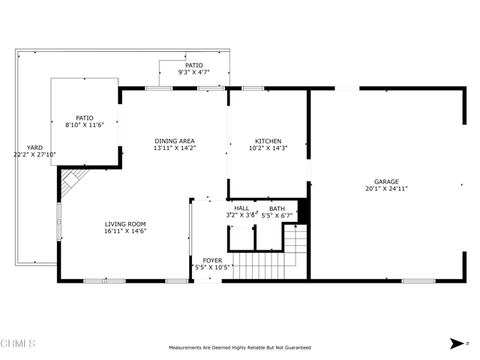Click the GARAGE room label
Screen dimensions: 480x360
tap(386, 181)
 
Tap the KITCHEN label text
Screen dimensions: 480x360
tap(268, 141)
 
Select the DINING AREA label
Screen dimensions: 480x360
tap(175, 141)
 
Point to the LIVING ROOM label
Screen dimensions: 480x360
tap(125, 224)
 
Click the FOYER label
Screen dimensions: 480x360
tap(212, 260)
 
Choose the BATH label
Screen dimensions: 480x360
tap(277, 208)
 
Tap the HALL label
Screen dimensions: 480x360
tap(241, 208)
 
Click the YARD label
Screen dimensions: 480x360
tap(34, 148)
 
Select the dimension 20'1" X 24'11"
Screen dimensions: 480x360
tap(386, 188)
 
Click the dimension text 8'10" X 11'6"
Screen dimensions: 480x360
tap(85, 125)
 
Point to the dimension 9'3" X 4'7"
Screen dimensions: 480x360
tap(194, 72)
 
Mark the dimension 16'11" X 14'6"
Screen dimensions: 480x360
tap(125, 231)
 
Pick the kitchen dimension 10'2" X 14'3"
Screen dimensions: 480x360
tap(268, 148)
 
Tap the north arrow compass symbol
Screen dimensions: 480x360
tap(457, 343)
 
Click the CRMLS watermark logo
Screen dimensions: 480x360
tap(18, 343)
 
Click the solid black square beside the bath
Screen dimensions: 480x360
tap(303, 211)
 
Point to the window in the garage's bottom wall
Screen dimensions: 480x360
tap(418, 280)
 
